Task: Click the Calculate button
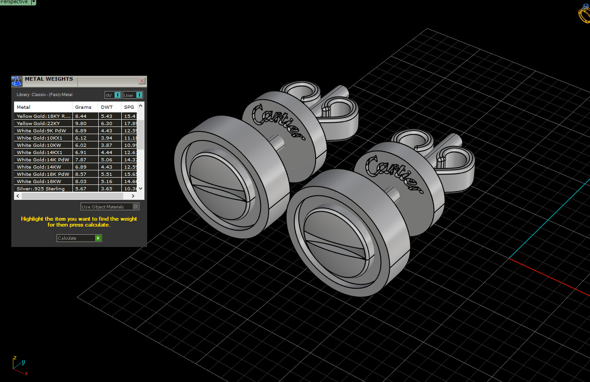click(x=79, y=238)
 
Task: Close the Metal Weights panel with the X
click(x=142, y=81)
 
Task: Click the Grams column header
click(x=83, y=107)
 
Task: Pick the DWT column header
click(x=107, y=107)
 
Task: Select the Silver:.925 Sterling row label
click(x=41, y=189)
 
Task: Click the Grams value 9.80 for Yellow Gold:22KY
click(x=81, y=123)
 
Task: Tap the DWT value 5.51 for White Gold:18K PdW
click(x=107, y=174)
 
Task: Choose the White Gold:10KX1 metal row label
click(x=39, y=138)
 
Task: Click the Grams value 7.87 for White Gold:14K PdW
click(x=81, y=160)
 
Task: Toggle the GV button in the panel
click(x=112, y=95)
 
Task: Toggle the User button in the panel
click(x=133, y=95)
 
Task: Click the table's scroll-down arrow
click(x=140, y=188)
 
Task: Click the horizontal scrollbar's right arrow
click(x=133, y=196)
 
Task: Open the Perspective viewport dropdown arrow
click(x=34, y=2)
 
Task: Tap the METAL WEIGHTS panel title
click(x=48, y=79)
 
